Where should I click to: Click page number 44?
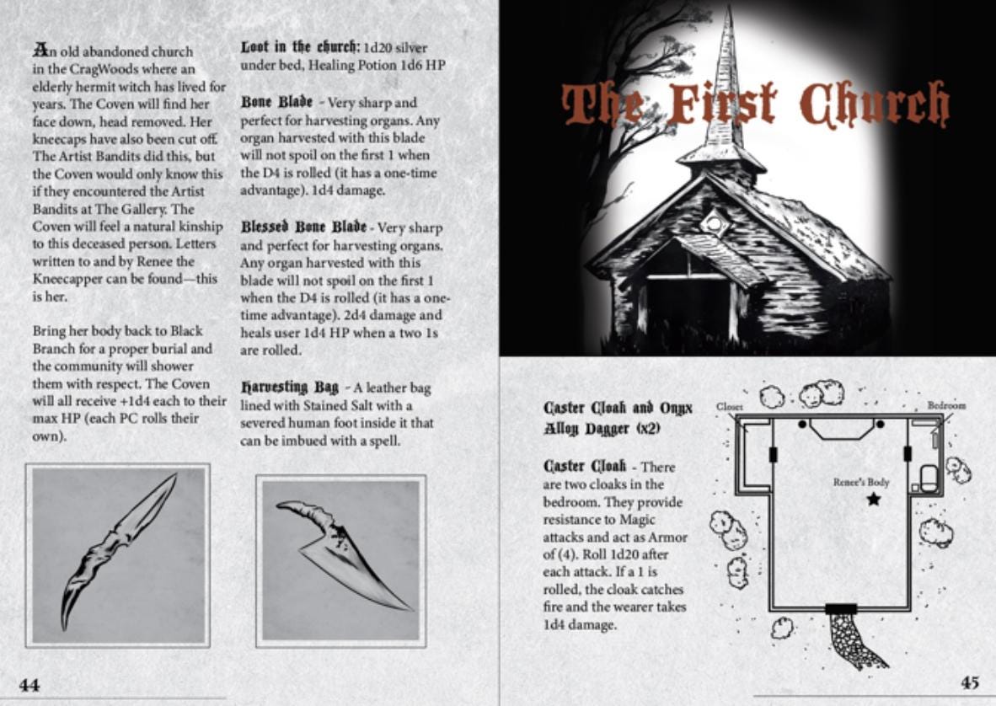(29, 685)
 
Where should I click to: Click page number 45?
(969, 682)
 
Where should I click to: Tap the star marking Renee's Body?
(874, 499)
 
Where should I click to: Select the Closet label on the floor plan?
(729, 406)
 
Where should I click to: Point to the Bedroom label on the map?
(946, 405)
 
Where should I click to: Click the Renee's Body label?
(860, 483)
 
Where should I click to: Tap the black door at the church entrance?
(840, 609)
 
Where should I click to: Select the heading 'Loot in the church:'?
(301, 47)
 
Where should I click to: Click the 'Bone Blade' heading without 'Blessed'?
(276, 102)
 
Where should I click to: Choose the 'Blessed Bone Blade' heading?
(303, 227)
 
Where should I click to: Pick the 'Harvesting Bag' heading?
(290, 387)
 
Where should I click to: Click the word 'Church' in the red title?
(874, 104)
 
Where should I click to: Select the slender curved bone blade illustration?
(119, 550)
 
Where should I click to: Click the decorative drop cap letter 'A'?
(40, 50)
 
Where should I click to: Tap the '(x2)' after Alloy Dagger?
(648, 429)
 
